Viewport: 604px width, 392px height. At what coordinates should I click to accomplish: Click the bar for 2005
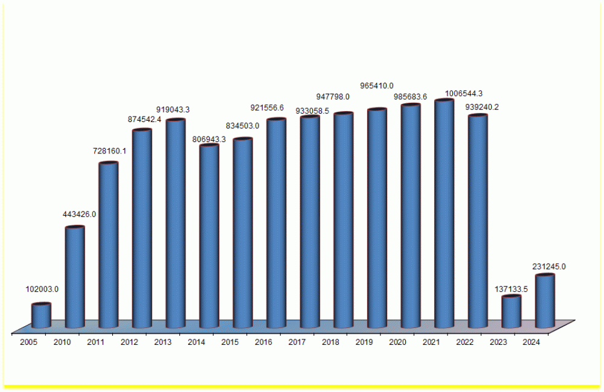(41, 316)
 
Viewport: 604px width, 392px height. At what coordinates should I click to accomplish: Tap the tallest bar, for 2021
(444, 214)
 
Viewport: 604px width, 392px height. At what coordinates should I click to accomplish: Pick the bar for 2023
(511, 312)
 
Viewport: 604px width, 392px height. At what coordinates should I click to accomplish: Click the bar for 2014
(209, 236)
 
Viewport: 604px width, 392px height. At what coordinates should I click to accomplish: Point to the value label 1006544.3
(463, 94)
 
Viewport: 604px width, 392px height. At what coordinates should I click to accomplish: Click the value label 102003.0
(42, 289)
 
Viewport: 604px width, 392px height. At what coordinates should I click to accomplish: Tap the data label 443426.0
(80, 214)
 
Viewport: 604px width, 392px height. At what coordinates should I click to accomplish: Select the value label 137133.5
(509, 289)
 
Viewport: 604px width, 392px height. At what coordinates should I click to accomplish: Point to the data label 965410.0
(377, 86)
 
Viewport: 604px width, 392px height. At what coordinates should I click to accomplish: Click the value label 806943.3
(209, 139)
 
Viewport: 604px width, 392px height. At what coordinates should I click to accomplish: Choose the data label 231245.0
(549, 266)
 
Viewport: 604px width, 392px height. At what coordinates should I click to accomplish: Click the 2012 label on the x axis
(129, 342)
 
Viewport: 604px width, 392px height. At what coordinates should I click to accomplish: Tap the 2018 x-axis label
(330, 342)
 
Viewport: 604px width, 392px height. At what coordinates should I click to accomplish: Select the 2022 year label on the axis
(464, 342)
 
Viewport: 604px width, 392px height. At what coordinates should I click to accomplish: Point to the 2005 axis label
(28, 342)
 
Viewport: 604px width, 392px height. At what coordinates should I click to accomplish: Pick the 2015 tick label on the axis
(230, 342)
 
